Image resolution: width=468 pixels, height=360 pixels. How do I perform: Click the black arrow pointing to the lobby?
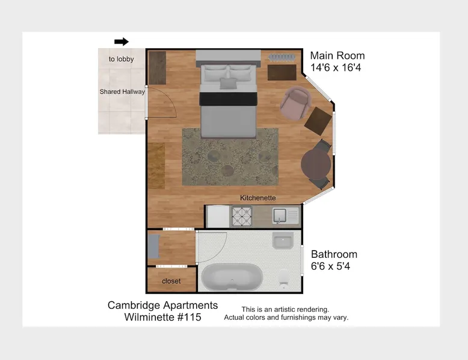pos(121,41)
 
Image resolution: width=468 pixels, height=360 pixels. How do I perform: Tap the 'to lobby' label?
pos(121,59)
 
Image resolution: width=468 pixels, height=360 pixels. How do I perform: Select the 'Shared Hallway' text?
pos(122,91)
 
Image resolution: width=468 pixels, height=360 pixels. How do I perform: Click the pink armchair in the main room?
pos(295,103)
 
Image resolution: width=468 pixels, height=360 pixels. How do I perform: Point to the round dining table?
pos(316,164)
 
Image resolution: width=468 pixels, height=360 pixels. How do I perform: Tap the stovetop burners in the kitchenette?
pos(242,216)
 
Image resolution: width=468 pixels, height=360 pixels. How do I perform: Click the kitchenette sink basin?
pos(280,215)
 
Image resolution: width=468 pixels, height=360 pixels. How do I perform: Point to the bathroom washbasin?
pos(283,240)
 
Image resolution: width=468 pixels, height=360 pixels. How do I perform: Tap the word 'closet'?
pos(171,281)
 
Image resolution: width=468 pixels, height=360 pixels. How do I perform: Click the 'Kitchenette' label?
pos(258,198)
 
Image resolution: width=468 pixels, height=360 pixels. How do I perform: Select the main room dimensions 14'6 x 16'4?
pos(336,68)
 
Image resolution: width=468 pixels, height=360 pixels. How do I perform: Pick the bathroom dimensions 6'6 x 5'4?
pos(330,266)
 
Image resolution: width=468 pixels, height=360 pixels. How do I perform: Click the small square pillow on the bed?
pos(229,83)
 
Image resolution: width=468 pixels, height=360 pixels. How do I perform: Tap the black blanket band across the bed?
pos(229,99)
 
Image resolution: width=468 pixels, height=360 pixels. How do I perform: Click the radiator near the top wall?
pos(282,57)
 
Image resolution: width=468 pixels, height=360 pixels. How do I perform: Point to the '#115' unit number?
pos(189,317)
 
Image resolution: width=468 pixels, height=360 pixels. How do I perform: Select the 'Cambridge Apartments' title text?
pos(162,305)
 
